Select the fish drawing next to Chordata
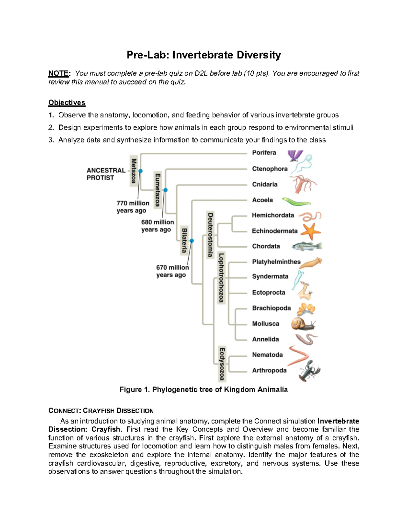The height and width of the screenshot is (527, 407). [306, 246]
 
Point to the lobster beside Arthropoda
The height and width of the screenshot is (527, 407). [309, 371]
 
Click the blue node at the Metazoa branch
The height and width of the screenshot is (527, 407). [140, 171]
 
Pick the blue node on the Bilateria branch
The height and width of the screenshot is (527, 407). [192, 241]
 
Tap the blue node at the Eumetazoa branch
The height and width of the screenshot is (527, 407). [166, 190]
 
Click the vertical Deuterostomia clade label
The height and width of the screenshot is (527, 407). [210, 234]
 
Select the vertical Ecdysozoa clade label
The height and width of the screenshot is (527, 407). [222, 364]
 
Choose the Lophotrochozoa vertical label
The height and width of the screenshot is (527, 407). [221, 278]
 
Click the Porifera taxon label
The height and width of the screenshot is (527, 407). [264, 153]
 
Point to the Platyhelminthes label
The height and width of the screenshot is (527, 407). [276, 262]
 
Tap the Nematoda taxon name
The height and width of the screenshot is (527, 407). [267, 355]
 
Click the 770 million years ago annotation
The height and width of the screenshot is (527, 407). [133, 207]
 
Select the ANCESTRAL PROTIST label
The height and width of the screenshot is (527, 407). [106, 174]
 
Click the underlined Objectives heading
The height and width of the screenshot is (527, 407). [67, 102]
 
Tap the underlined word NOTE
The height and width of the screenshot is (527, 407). [59, 73]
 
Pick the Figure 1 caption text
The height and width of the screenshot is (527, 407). [203, 390]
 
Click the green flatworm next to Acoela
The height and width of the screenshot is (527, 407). [296, 202]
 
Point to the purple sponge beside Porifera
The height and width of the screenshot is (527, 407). [294, 156]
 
